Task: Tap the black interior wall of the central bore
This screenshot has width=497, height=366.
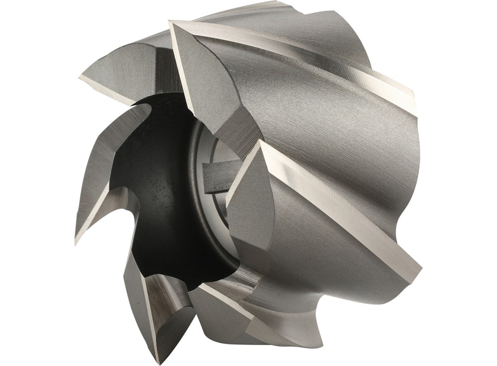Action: [149, 199]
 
